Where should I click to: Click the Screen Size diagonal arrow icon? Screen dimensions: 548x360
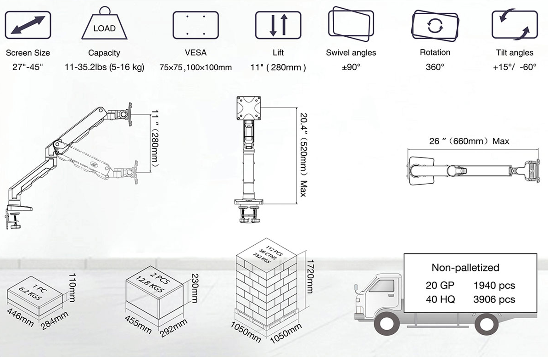pyautogui.click(x=28, y=25)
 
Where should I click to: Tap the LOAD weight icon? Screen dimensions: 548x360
pyautogui.click(x=105, y=23)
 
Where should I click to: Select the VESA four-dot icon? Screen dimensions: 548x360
pyautogui.click(x=196, y=25)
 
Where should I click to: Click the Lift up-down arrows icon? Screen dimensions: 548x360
pyautogui.click(x=278, y=25)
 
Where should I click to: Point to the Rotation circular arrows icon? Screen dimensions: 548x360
pyautogui.click(x=435, y=25)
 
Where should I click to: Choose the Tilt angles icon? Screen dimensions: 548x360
pyautogui.click(x=515, y=24)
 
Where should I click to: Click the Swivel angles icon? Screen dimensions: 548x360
pyautogui.click(x=351, y=24)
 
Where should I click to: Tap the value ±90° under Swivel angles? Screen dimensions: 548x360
pyautogui.click(x=351, y=67)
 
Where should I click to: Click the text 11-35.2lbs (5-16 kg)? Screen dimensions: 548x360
pyautogui.click(x=105, y=67)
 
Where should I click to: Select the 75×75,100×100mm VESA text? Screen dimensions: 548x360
pyautogui.click(x=196, y=67)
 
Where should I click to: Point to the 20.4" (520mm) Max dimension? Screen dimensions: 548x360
pyautogui.click(x=303, y=155)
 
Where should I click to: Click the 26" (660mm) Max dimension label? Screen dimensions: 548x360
pyautogui.click(x=469, y=141)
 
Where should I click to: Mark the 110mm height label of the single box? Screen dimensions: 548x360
pyautogui.click(x=72, y=287)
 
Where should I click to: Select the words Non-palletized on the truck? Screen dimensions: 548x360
pyautogui.click(x=465, y=267)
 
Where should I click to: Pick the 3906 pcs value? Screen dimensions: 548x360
pyautogui.click(x=494, y=299)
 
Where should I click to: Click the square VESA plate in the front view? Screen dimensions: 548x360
pyautogui.click(x=249, y=108)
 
